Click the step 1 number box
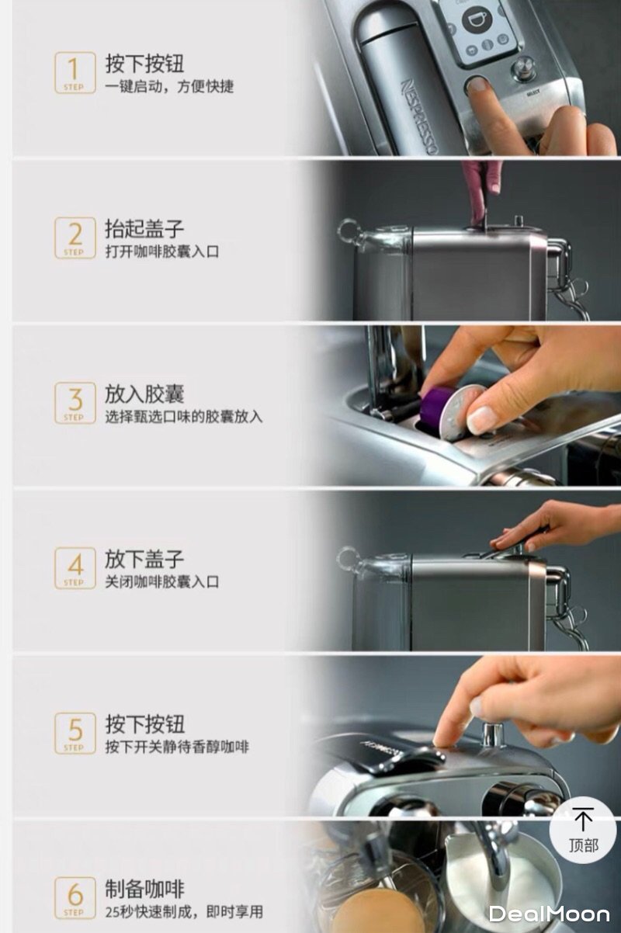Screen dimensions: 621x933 point(75,72)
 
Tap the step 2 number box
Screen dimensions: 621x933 point(75,238)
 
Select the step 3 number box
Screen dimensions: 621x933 point(75,403)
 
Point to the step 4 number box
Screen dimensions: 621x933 point(75,568)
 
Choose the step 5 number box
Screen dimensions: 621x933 point(75,733)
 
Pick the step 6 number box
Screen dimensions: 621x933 point(75,898)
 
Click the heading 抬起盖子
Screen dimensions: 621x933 point(144,229)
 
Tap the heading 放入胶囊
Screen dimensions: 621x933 point(144,394)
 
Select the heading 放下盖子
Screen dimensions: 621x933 point(144,559)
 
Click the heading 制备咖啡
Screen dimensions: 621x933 point(144,889)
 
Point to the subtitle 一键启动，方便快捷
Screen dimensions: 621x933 point(169,87)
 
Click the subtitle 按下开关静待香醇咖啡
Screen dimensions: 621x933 point(176,747)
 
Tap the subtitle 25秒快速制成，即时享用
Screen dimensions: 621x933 point(184,912)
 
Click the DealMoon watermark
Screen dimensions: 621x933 point(550,914)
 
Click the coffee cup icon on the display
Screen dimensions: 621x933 point(477,19)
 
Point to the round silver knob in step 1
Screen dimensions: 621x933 point(524,68)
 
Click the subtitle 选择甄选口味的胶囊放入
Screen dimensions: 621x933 point(184,417)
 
